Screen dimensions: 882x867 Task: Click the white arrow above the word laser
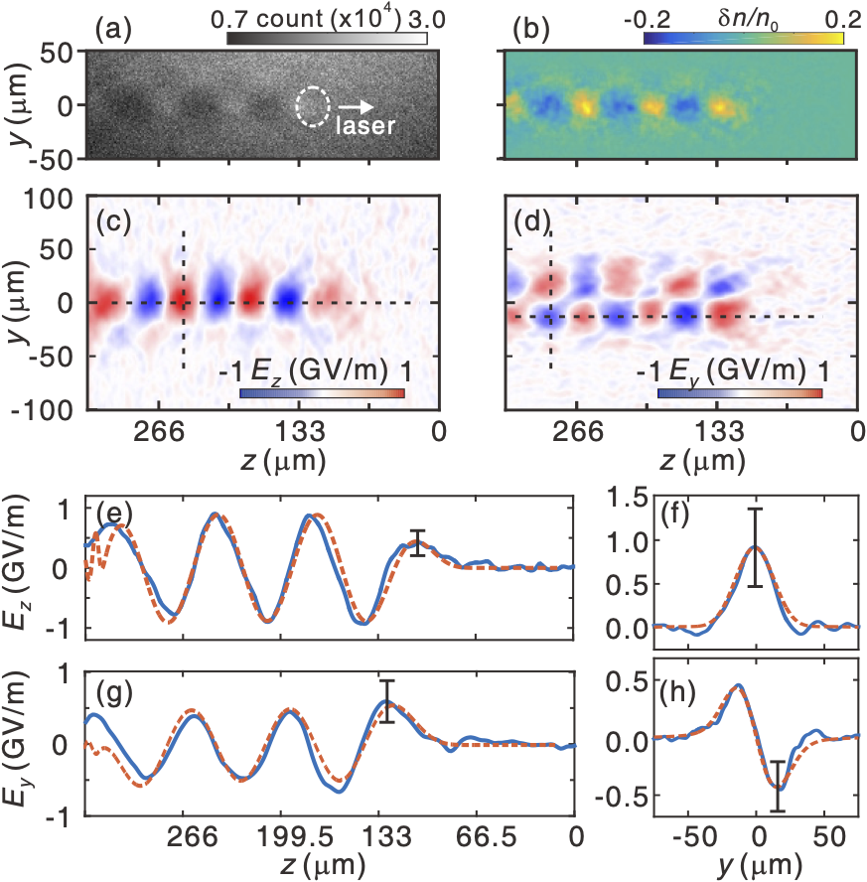[356, 106]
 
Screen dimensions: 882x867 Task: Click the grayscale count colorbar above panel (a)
[327, 39]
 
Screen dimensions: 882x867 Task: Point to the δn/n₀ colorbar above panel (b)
[744, 39]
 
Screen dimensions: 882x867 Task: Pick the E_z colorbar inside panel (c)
[322, 393]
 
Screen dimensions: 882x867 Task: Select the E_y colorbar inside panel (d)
[739, 393]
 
